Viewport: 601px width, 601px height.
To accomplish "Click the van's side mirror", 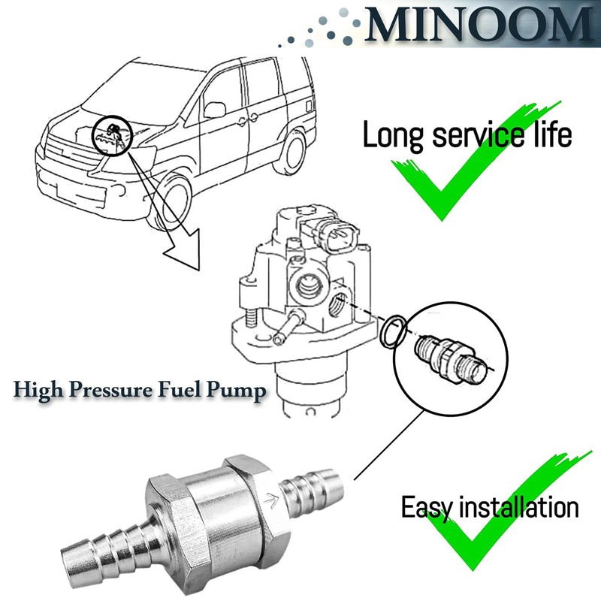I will tap(215, 109).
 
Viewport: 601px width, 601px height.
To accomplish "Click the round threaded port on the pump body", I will tap(307, 286).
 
